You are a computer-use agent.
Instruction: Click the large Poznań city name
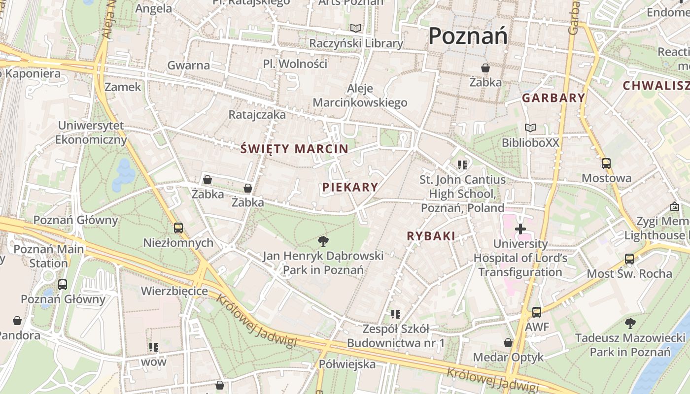pyautogui.click(x=468, y=36)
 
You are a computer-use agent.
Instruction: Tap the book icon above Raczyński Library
pyautogui.click(x=355, y=29)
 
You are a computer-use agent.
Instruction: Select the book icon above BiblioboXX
pyautogui.click(x=530, y=128)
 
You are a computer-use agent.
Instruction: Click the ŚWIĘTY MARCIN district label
pyautogui.click(x=295, y=149)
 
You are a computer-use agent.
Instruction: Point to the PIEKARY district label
pyautogui.click(x=350, y=187)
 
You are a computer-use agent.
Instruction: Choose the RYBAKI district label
pyautogui.click(x=431, y=236)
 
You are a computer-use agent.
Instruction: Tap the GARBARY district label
pyautogui.click(x=553, y=98)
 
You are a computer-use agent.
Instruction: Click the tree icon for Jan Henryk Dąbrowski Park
pyautogui.click(x=323, y=241)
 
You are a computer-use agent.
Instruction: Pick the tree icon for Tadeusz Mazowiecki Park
pyautogui.click(x=630, y=324)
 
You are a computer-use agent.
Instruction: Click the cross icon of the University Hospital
pyautogui.click(x=520, y=229)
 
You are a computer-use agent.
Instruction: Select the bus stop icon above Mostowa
pyautogui.click(x=606, y=164)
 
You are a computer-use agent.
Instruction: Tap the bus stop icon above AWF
pyautogui.click(x=536, y=312)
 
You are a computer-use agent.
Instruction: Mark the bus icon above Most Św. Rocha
pyautogui.click(x=629, y=259)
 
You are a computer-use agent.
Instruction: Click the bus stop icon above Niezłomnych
pyautogui.click(x=178, y=228)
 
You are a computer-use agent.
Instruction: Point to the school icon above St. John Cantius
pyautogui.click(x=462, y=164)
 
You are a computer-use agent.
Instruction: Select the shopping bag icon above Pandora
pyautogui.click(x=17, y=321)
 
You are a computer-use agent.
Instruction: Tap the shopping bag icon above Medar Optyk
pyautogui.click(x=508, y=343)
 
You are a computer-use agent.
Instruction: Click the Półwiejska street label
pyautogui.click(x=347, y=364)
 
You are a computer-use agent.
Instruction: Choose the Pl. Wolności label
pyautogui.click(x=295, y=64)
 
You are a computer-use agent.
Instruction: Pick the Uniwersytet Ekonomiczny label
pyautogui.click(x=91, y=132)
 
